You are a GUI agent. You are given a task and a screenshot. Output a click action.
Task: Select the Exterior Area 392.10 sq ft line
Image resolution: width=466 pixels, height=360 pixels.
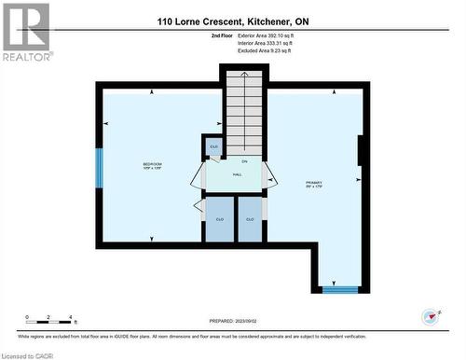[x=270, y=35]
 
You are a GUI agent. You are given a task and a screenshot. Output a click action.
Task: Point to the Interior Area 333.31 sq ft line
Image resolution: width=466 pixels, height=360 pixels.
[x=270, y=43]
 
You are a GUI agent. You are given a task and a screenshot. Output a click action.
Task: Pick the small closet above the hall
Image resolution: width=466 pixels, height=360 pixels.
[x=213, y=148]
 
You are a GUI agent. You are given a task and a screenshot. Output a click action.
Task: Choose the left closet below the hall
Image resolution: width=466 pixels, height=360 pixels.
[x=220, y=219]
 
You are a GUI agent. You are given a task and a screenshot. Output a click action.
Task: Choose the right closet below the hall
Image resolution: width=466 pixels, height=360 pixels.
[x=250, y=219]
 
